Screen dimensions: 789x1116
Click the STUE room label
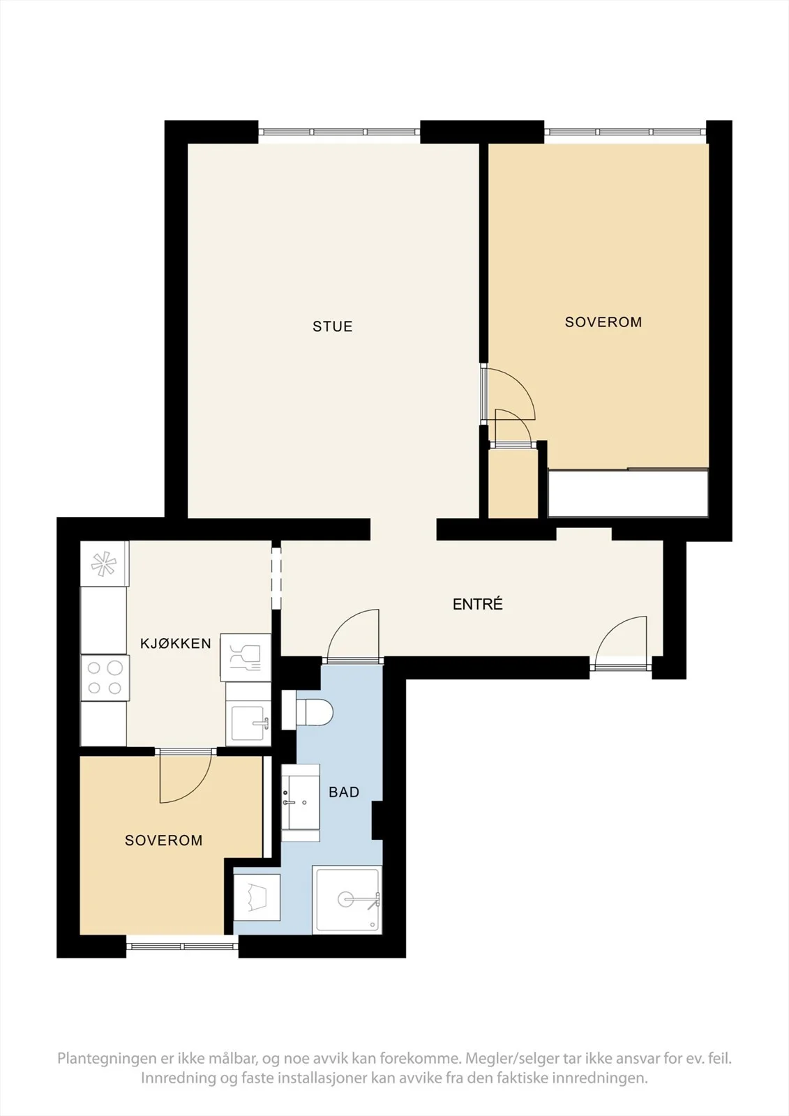pos(333,326)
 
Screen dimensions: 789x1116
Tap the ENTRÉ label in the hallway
pos(477,604)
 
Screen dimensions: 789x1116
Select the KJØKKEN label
pos(175,643)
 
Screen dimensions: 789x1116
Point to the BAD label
pos(344,792)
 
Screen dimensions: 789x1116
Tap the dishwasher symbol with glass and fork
pos(246,658)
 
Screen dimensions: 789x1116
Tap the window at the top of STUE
pos(339,132)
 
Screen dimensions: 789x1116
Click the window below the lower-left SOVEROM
pos(182,946)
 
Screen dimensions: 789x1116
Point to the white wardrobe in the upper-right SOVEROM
pos(628,493)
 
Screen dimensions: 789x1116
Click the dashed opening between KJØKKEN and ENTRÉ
pos(276,578)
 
